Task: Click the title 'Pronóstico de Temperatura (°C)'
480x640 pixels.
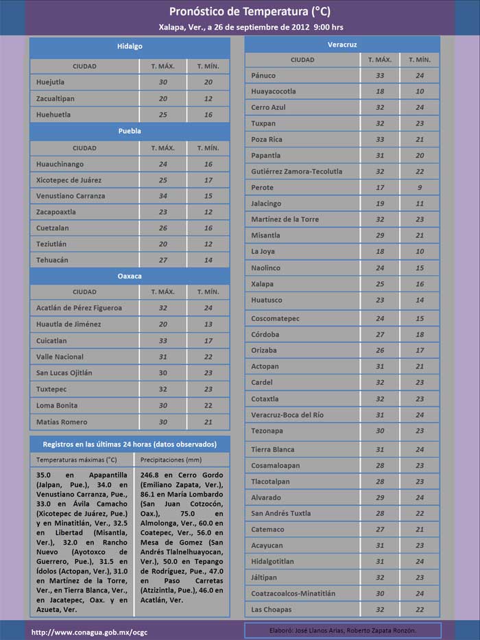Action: click(250, 12)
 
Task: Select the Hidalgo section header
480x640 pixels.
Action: click(130, 46)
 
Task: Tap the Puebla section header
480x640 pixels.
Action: click(130, 130)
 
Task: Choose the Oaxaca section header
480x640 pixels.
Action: click(130, 276)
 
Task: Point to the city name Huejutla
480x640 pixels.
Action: click(51, 82)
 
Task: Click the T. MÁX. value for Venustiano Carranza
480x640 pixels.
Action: click(163, 196)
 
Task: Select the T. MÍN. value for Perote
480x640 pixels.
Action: click(420, 187)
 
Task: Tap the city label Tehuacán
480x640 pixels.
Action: click(52, 260)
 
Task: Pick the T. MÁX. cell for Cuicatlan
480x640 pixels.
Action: click(163, 341)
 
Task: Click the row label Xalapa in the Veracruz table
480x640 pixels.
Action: click(262, 284)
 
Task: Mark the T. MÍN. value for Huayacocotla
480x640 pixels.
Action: click(420, 91)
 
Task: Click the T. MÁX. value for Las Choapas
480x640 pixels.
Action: click(380, 610)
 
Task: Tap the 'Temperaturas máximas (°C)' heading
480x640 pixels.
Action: click(77, 460)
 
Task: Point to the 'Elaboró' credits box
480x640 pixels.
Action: click(342, 630)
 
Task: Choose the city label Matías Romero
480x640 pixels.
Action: click(62, 422)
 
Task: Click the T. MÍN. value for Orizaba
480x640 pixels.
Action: click(420, 351)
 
